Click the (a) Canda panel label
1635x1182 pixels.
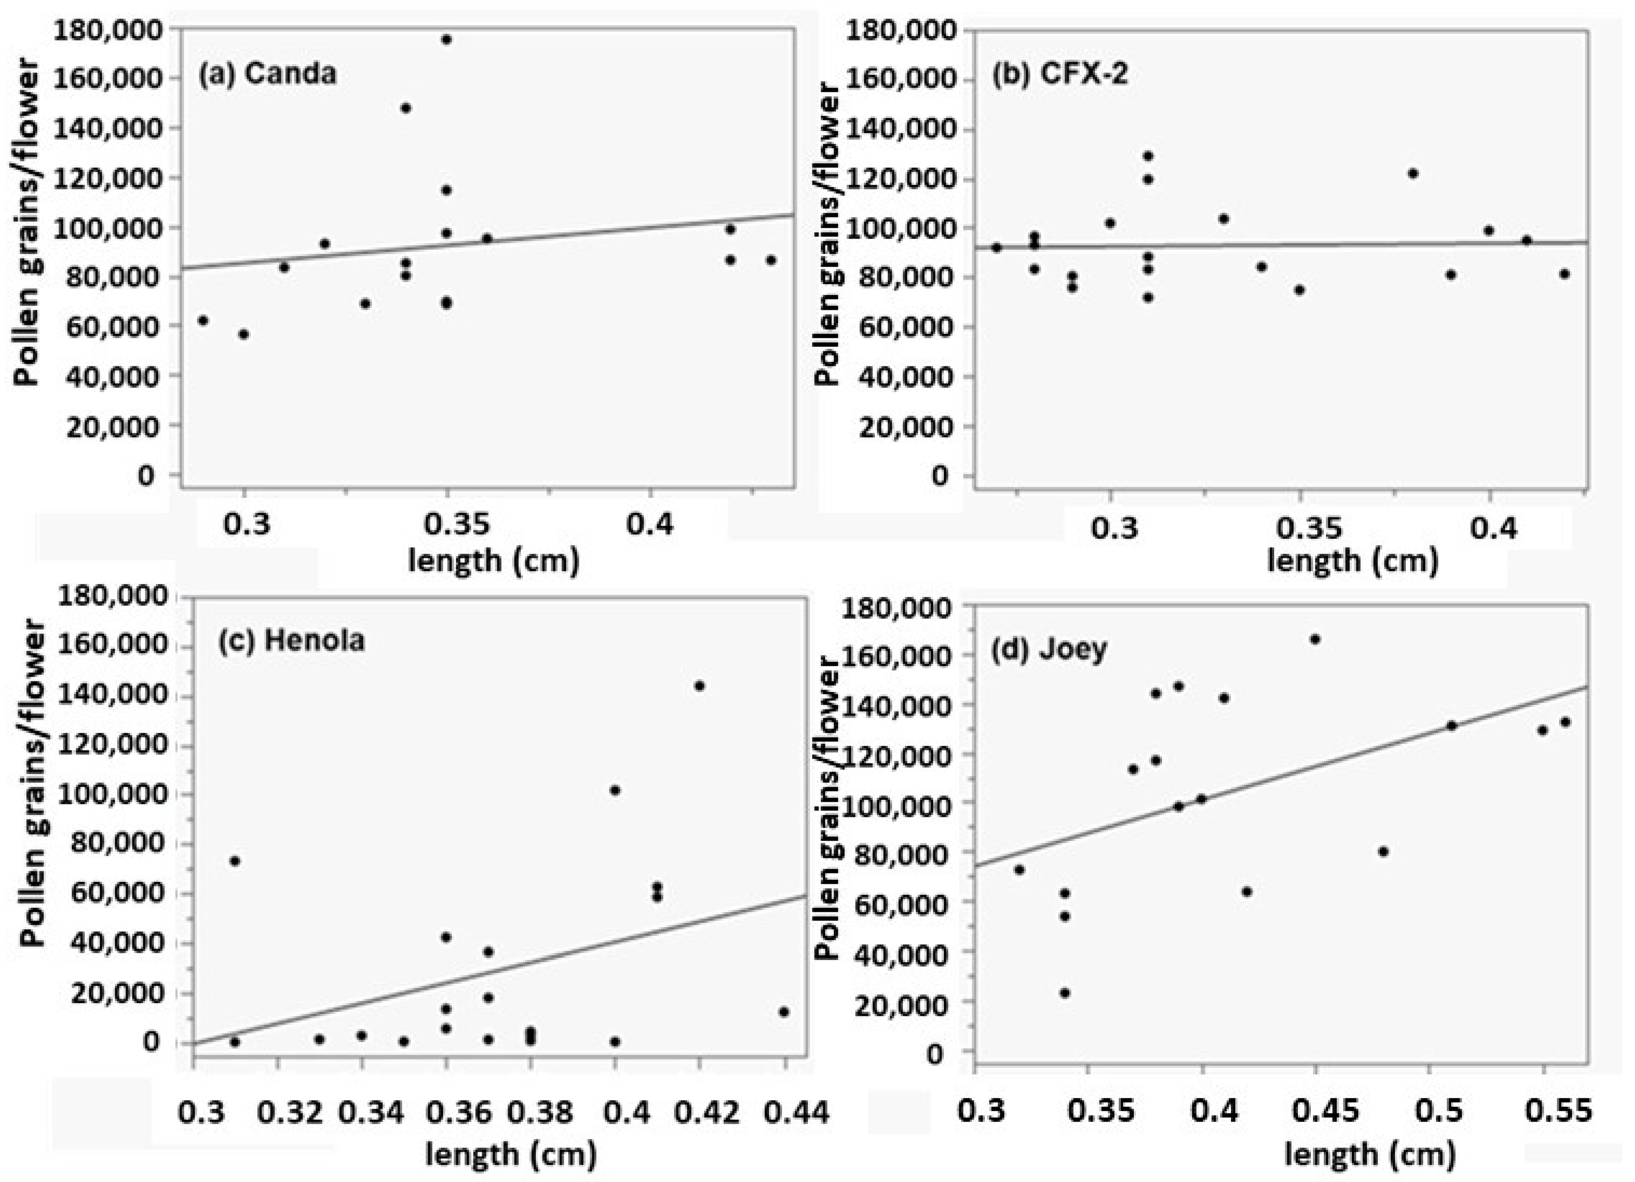[x=268, y=73]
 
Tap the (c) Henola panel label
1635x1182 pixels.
[x=291, y=640]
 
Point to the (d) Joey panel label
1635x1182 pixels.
[x=1049, y=650]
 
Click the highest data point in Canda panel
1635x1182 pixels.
[x=446, y=40]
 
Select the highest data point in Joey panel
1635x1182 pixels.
[x=1315, y=639]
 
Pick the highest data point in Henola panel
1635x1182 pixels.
[x=698, y=685]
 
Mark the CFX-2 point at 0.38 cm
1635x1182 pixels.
[x=1413, y=173]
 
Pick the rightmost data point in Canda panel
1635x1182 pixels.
[x=770, y=260]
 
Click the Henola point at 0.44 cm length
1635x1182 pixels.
[x=784, y=1012]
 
